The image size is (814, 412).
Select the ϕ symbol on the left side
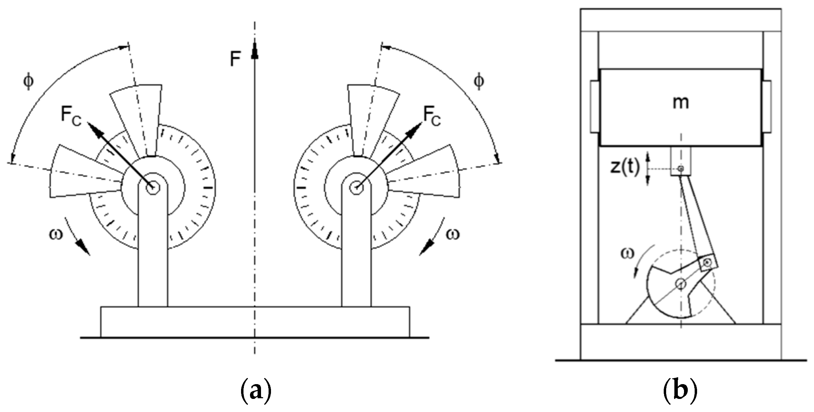28,82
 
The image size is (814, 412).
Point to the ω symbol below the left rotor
56,234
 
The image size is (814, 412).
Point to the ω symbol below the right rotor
452,234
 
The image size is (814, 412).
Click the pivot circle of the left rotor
152,188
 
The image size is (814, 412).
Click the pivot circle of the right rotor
356,188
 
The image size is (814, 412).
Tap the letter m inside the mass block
681,103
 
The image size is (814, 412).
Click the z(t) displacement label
625,168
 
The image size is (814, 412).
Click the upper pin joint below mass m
681,168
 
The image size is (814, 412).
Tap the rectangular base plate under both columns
255,321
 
